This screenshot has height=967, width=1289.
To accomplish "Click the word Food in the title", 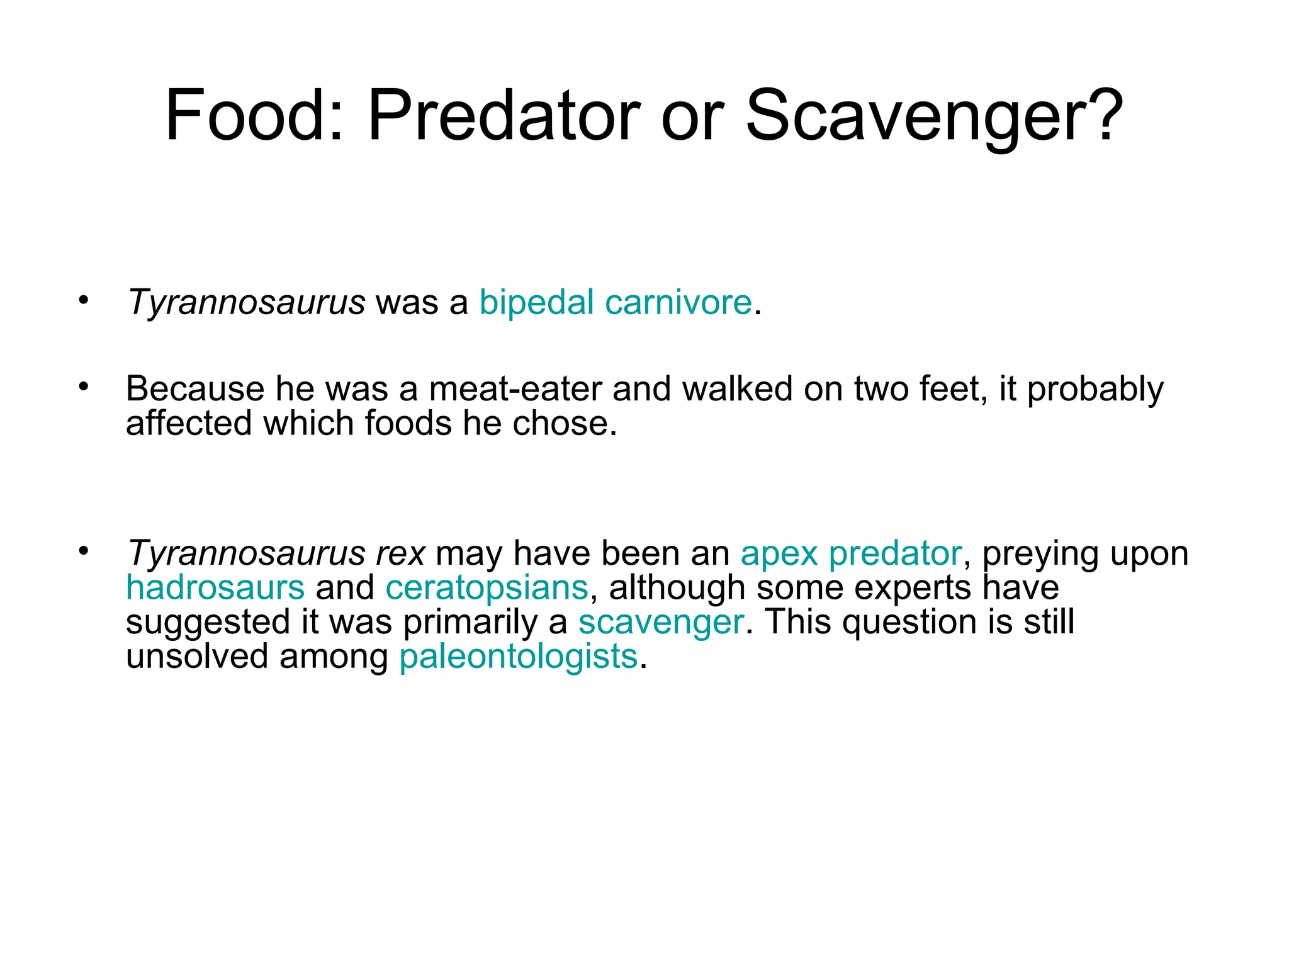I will [x=246, y=116].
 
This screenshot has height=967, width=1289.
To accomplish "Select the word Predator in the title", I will [x=504, y=116].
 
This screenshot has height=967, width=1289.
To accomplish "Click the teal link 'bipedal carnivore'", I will [x=616, y=303].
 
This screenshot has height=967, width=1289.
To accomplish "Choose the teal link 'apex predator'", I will [x=851, y=554].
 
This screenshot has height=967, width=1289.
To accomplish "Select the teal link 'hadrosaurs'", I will [x=215, y=588].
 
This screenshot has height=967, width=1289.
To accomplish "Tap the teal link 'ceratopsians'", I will [x=487, y=588].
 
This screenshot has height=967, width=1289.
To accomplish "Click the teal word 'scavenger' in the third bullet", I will [x=661, y=622].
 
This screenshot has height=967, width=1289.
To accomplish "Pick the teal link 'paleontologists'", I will [x=519, y=657].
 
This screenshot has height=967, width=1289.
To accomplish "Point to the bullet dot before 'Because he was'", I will [x=84, y=387].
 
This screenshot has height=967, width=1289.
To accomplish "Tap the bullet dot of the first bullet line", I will [x=84, y=300].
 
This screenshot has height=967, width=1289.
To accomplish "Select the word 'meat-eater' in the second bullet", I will [x=515, y=389].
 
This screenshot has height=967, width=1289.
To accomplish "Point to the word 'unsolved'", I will [x=197, y=657].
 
